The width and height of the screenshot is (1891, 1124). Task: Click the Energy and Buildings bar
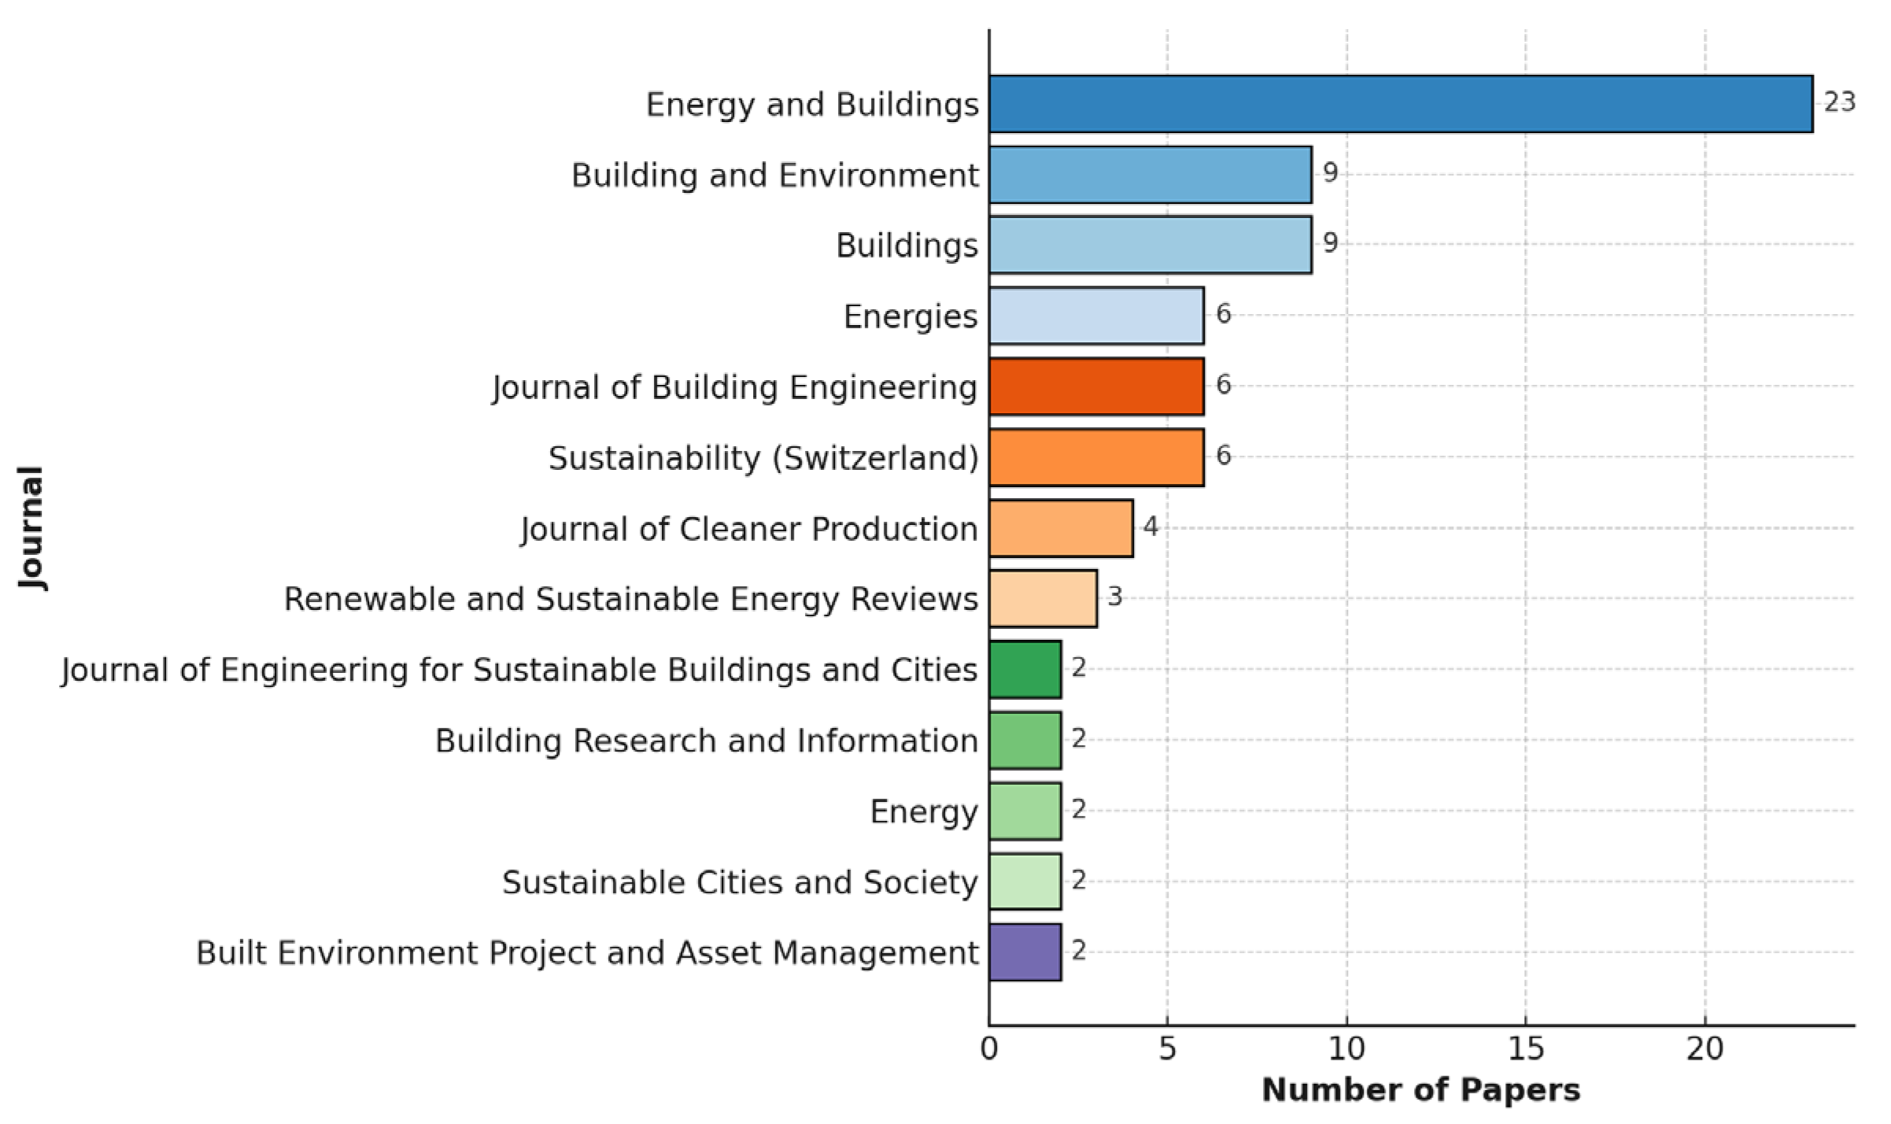[1401, 104]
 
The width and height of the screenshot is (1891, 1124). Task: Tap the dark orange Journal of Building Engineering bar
[1096, 386]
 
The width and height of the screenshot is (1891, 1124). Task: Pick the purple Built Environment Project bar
[1025, 952]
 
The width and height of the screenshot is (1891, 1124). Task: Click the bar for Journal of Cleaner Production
[1061, 528]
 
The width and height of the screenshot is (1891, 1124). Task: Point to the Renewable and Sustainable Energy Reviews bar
[1043, 599]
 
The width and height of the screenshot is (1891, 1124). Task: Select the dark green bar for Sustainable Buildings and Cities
[1025, 670]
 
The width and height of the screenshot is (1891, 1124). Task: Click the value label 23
[1839, 102]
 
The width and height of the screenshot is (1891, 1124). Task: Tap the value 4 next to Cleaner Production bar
[1150, 527]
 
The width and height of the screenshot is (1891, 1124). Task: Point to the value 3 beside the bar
[1114, 597]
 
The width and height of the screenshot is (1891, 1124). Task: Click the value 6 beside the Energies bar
[1223, 314]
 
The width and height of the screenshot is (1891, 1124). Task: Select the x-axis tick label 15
[1525, 1049]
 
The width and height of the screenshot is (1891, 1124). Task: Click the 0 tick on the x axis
[989, 1049]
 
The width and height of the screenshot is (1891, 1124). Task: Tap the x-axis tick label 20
[1704, 1049]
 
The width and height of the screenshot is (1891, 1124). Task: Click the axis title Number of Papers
[1420, 1090]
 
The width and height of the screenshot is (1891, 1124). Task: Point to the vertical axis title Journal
[31, 527]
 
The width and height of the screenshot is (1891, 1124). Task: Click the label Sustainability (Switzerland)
[763, 458]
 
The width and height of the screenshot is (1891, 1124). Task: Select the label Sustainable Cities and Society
[740, 882]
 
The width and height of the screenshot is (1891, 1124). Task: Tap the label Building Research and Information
[706, 741]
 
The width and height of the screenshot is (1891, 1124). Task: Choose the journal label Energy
[924, 812]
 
